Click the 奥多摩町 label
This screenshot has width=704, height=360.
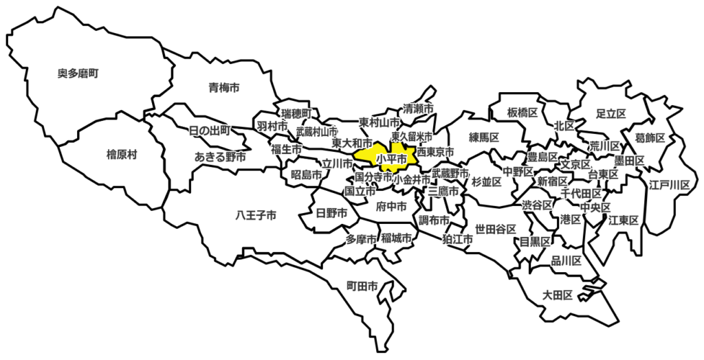coord(78,72)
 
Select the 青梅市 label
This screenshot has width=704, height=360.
coord(224,87)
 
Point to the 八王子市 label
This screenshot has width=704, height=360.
coord(256,216)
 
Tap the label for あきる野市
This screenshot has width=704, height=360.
coord(220,157)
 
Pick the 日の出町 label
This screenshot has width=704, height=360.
coord(210,130)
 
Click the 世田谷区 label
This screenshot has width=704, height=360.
coord(491,229)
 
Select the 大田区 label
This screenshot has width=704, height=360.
coord(558,295)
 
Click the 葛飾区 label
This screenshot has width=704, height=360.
coord(650,138)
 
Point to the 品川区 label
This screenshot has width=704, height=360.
coord(566,261)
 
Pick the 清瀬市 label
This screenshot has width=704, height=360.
coord(418,109)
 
